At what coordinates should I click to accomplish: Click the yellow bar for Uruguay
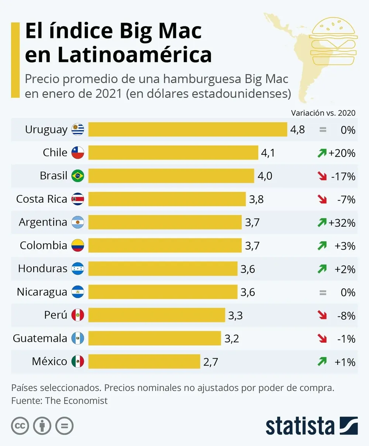187,130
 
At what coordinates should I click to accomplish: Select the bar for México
144,361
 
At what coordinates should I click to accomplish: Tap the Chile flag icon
78,152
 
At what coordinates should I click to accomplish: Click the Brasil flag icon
78,176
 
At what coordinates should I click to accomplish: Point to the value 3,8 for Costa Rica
256,199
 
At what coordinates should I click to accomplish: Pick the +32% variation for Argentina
342,223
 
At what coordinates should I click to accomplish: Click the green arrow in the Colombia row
322,246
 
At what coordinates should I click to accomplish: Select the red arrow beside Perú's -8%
322,315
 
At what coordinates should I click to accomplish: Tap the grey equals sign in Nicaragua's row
323,292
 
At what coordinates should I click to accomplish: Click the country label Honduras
43,268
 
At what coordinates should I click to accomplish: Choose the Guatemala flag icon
78,338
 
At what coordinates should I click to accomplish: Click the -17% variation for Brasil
343,176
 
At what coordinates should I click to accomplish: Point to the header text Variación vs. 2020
323,113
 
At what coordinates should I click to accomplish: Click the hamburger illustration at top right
333,42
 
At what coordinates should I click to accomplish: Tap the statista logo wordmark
300,426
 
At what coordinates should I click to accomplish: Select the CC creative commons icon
20,426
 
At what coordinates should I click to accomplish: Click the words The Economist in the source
76,401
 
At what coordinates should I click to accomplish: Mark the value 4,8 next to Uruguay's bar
297,130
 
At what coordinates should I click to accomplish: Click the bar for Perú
156,315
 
